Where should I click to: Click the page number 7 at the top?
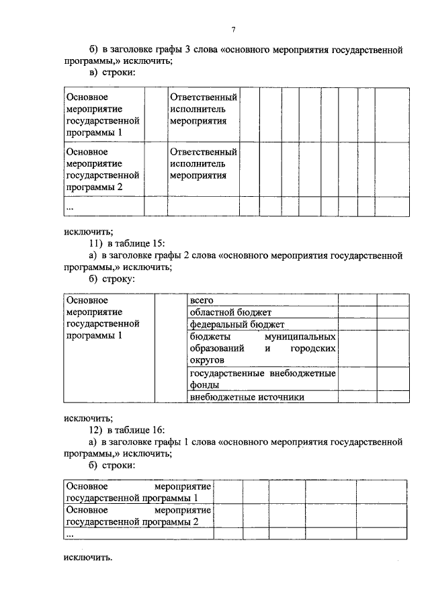tap(233, 30)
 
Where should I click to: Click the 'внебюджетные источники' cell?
tap(247, 397)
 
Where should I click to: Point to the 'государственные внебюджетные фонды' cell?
tap(262, 379)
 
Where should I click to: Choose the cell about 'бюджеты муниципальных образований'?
tap(262, 348)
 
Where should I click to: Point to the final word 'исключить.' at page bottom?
tap(89, 557)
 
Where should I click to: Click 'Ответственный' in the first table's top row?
tap(204, 97)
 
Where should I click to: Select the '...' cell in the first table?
tap(70, 207)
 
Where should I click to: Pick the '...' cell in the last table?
tap(70, 534)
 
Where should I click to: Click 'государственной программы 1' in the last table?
tap(132, 498)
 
